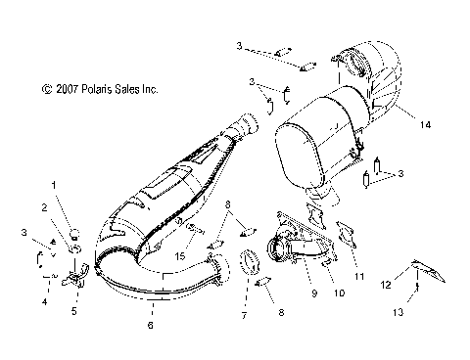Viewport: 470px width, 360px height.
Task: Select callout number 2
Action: pyautogui.click(x=43, y=207)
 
